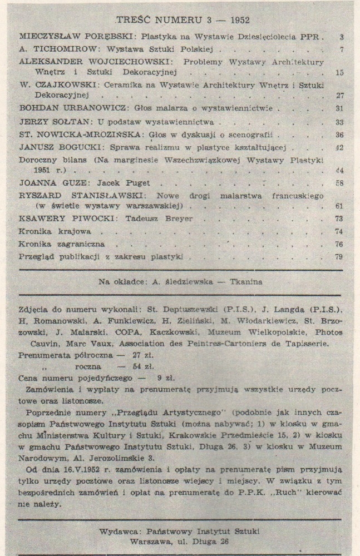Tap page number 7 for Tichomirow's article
(341, 49)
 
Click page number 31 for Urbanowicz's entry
(340, 108)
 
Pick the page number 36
(339, 135)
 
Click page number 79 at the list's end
(339, 257)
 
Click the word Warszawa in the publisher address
(151, 540)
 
